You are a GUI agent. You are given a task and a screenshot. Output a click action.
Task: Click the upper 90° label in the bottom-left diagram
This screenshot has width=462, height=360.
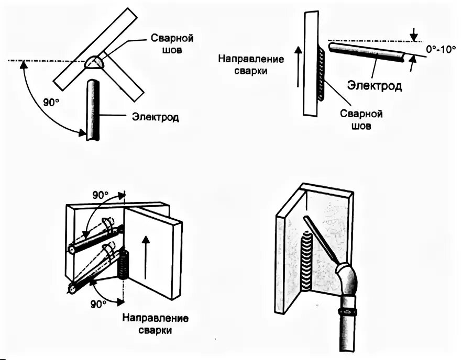coord(101,195)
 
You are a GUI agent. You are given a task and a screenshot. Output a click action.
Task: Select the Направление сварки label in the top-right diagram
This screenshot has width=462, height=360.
coord(252,64)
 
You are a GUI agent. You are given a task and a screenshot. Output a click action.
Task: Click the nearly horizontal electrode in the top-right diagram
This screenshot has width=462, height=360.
coord(367,52)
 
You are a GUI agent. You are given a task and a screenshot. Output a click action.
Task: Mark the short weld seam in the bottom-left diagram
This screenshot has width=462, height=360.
coord(125,264)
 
